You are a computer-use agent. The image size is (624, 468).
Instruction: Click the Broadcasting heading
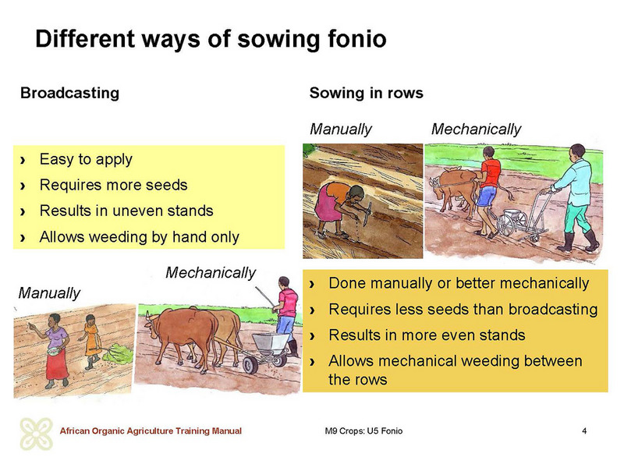(x=69, y=93)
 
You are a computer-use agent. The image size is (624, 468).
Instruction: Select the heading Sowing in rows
(x=366, y=93)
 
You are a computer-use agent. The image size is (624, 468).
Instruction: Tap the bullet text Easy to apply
(x=86, y=159)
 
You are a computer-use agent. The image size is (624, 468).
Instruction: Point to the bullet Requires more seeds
(x=113, y=185)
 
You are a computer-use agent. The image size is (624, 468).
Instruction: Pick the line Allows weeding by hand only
(x=140, y=237)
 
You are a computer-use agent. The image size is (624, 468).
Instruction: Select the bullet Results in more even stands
(x=427, y=335)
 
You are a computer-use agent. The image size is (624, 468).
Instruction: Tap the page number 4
(x=584, y=431)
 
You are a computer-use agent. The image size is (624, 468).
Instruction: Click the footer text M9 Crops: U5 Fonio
(x=363, y=431)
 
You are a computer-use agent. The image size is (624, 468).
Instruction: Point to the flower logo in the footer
(x=36, y=434)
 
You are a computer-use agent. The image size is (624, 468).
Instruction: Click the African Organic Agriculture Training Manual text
(x=151, y=431)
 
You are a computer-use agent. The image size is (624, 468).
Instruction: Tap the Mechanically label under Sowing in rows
(x=476, y=129)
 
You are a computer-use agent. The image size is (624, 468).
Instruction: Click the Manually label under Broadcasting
(x=49, y=293)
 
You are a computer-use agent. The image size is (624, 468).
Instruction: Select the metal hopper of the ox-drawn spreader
(x=271, y=342)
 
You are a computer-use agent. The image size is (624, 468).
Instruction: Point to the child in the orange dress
(x=91, y=342)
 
